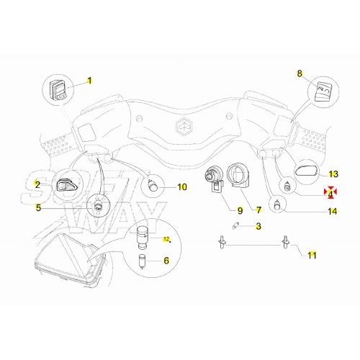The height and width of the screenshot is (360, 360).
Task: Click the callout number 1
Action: (x=91, y=81)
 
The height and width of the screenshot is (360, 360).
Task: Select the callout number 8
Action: (x=300, y=73)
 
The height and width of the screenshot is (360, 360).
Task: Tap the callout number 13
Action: (x=333, y=174)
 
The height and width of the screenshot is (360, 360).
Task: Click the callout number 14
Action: (x=332, y=211)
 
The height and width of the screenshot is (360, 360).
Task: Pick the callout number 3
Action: (x=259, y=227)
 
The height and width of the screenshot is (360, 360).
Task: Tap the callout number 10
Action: (x=181, y=187)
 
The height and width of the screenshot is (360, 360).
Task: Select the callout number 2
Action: (x=37, y=185)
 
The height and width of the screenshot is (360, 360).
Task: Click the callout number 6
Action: (x=166, y=261)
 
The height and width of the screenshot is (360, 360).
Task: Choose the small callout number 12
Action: (x=166, y=238)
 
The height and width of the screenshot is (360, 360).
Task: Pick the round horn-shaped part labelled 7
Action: (x=239, y=177)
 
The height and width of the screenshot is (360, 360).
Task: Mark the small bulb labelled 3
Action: (x=230, y=227)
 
